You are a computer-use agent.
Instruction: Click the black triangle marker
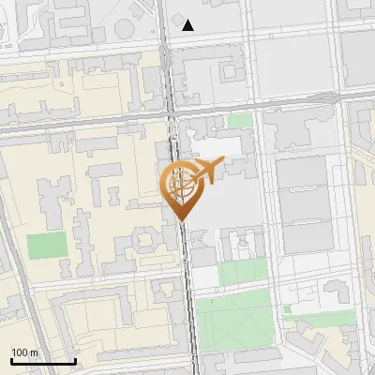(x=188, y=25)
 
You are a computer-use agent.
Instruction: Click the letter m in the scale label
(x=35, y=352)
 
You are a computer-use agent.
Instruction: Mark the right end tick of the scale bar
(x=75, y=361)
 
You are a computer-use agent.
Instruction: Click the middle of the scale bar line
(x=42, y=362)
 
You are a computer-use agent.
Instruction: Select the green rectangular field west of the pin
(x=47, y=246)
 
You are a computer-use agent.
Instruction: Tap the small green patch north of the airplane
(x=240, y=121)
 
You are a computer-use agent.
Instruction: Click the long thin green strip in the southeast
(x=323, y=320)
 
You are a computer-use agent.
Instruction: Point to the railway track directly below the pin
(x=190, y=281)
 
